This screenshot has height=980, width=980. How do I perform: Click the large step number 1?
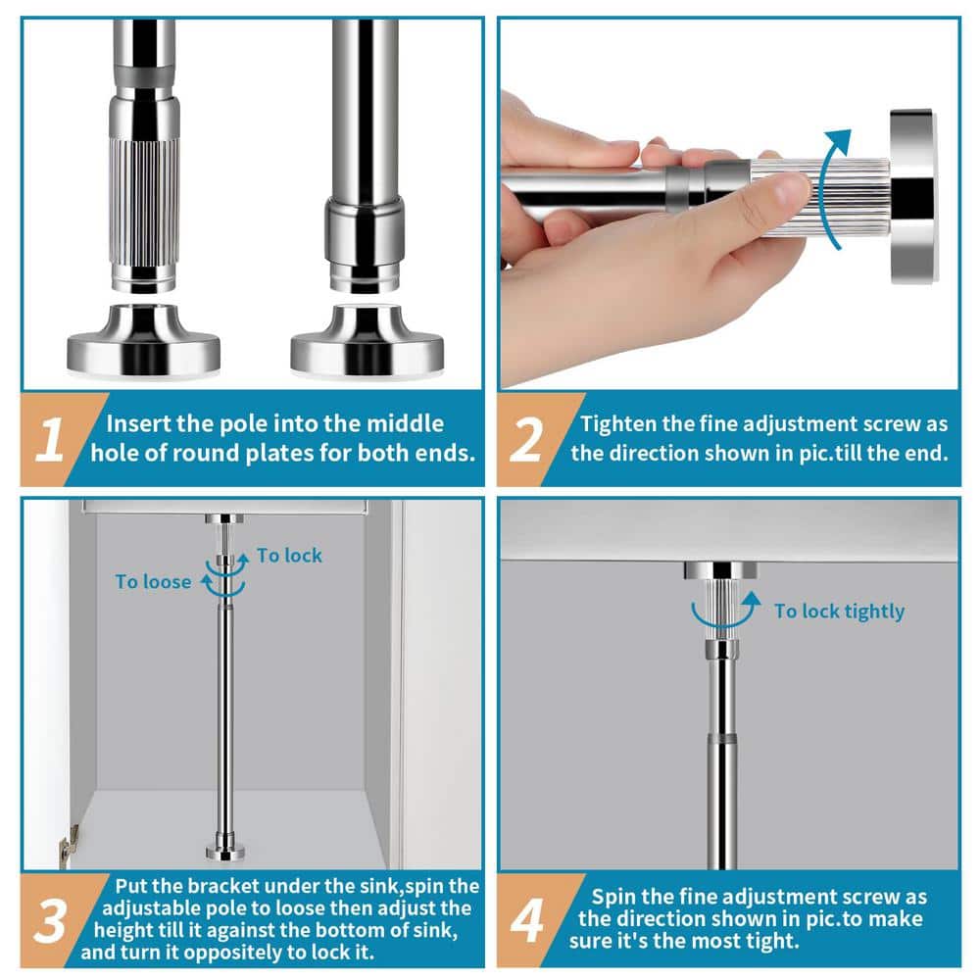click(x=49, y=440)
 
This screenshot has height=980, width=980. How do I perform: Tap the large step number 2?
click(x=526, y=440)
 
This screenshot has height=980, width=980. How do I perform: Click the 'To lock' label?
click(x=289, y=555)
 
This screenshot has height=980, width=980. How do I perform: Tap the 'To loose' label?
click(x=153, y=582)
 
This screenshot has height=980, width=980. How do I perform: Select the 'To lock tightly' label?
click(x=840, y=612)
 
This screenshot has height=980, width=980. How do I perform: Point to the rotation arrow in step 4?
click(x=725, y=615)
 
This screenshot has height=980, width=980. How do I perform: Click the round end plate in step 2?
click(x=912, y=196)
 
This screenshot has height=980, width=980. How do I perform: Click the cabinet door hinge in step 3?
click(x=69, y=844)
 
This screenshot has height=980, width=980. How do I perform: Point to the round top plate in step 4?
click(x=720, y=570)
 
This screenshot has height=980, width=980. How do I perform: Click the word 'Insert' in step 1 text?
click(x=138, y=423)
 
